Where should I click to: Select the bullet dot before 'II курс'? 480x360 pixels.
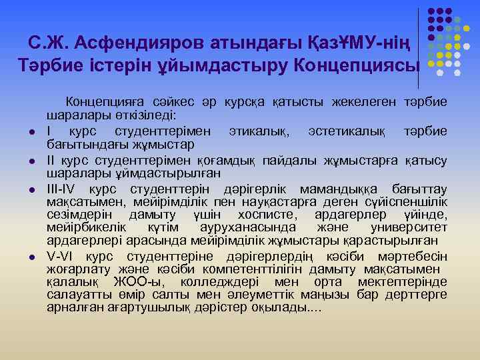pos(31,161)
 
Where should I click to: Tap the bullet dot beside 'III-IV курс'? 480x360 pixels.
pos(31,190)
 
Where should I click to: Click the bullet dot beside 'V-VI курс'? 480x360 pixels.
pos(31,257)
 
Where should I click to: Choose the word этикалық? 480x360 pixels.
pos(258,130)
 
